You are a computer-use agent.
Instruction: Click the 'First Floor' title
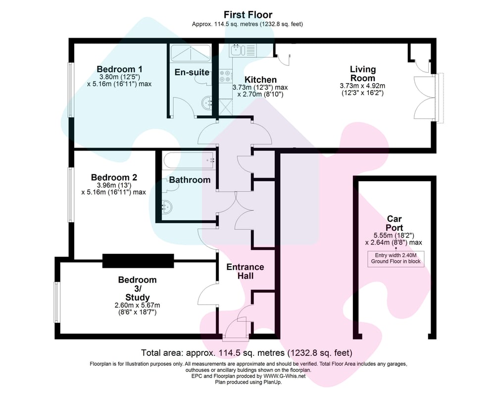[x=248, y=15]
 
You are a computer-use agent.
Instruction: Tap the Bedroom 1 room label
[x=119, y=69]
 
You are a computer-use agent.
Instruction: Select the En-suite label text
[x=192, y=72]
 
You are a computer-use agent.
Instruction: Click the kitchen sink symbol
[x=243, y=50]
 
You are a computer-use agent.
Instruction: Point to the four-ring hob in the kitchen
[x=225, y=76]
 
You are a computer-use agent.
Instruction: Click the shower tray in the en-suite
[x=191, y=53]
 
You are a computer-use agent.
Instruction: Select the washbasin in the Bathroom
[x=167, y=207]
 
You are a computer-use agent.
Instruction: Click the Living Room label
[x=363, y=74]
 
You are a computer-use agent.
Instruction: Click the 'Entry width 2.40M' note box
[x=396, y=258]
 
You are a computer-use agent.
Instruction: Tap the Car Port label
[x=395, y=223]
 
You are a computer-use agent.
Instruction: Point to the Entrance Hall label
[x=246, y=272]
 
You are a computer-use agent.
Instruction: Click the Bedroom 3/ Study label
[x=137, y=289]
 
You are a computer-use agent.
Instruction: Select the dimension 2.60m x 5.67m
[x=137, y=305]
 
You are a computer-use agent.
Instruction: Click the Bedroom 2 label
[x=114, y=178]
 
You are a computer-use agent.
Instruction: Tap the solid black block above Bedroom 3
[x=138, y=261]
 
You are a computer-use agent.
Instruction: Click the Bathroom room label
[x=190, y=180]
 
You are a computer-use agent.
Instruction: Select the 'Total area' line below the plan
[x=247, y=353]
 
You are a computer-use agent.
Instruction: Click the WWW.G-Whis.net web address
[x=285, y=376]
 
